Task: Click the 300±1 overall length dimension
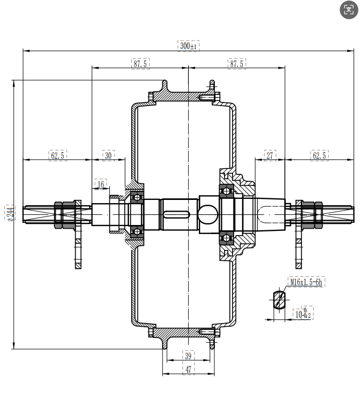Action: [188, 46]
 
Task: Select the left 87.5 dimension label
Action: [140, 63]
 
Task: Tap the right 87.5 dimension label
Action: [237, 63]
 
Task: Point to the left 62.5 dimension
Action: [58, 155]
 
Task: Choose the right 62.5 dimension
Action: [319, 155]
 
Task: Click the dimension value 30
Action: [108, 155]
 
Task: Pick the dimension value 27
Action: [270, 155]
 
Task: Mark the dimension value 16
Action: [101, 184]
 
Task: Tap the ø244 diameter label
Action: [10, 213]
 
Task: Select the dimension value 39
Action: [188, 356]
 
